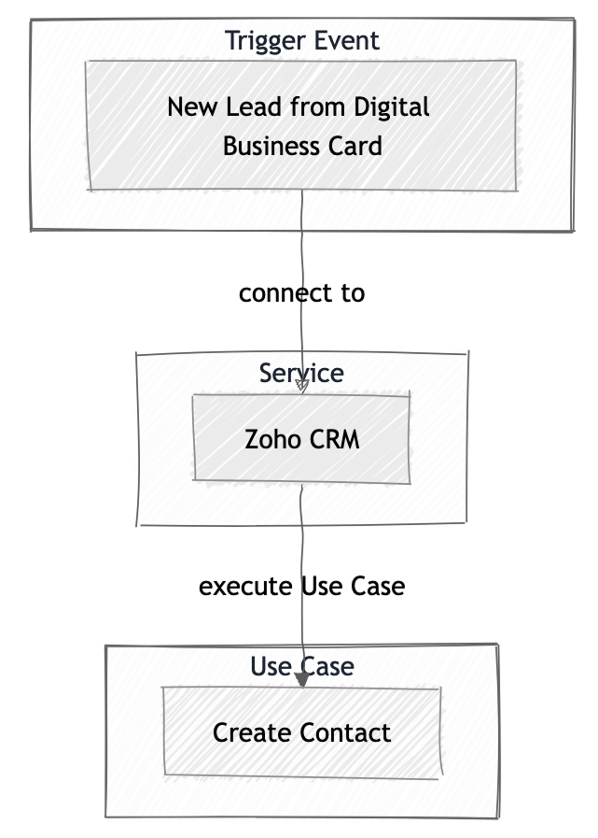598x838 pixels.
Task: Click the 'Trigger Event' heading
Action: pyautogui.click(x=301, y=41)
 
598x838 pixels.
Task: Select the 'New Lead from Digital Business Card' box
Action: pyautogui.click(x=301, y=125)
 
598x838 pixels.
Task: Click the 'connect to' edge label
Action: pyautogui.click(x=301, y=292)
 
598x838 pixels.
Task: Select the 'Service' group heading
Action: pyautogui.click(x=301, y=374)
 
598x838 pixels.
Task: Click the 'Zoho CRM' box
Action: pyautogui.click(x=301, y=438)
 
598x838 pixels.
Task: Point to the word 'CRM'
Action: pyautogui.click(x=332, y=438)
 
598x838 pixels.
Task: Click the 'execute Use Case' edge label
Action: pyautogui.click(x=301, y=586)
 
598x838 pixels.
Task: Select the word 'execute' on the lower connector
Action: pyautogui.click(x=245, y=586)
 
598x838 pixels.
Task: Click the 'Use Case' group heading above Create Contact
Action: pyautogui.click(x=301, y=666)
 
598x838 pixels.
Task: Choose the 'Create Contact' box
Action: pyautogui.click(x=301, y=731)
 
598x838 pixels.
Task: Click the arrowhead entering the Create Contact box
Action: pyautogui.click(x=301, y=681)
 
